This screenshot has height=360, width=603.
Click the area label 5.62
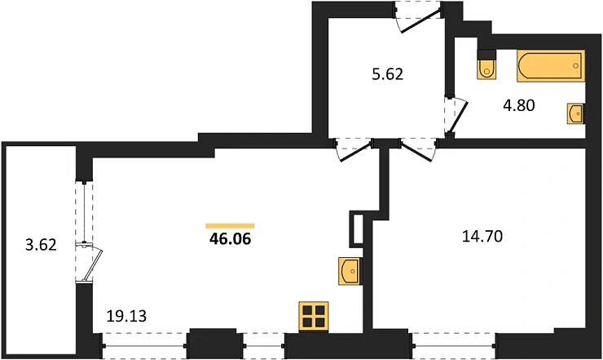tap(388, 74)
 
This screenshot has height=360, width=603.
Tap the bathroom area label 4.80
tap(519, 105)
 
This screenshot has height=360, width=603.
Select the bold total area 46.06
tap(230, 239)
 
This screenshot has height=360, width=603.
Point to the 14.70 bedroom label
tap(482, 236)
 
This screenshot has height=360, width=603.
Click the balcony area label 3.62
tap(41, 245)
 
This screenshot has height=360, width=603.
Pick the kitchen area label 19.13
tap(126, 316)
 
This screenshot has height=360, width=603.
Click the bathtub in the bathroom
tap(551, 66)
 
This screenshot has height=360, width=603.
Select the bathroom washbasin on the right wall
tap(575, 113)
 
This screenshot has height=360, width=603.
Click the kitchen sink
tap(350, 271)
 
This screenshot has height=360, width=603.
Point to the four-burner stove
tap(314, 317)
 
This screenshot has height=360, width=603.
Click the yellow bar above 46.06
tap(230, 226)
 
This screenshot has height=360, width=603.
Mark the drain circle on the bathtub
tap(575, 66)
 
